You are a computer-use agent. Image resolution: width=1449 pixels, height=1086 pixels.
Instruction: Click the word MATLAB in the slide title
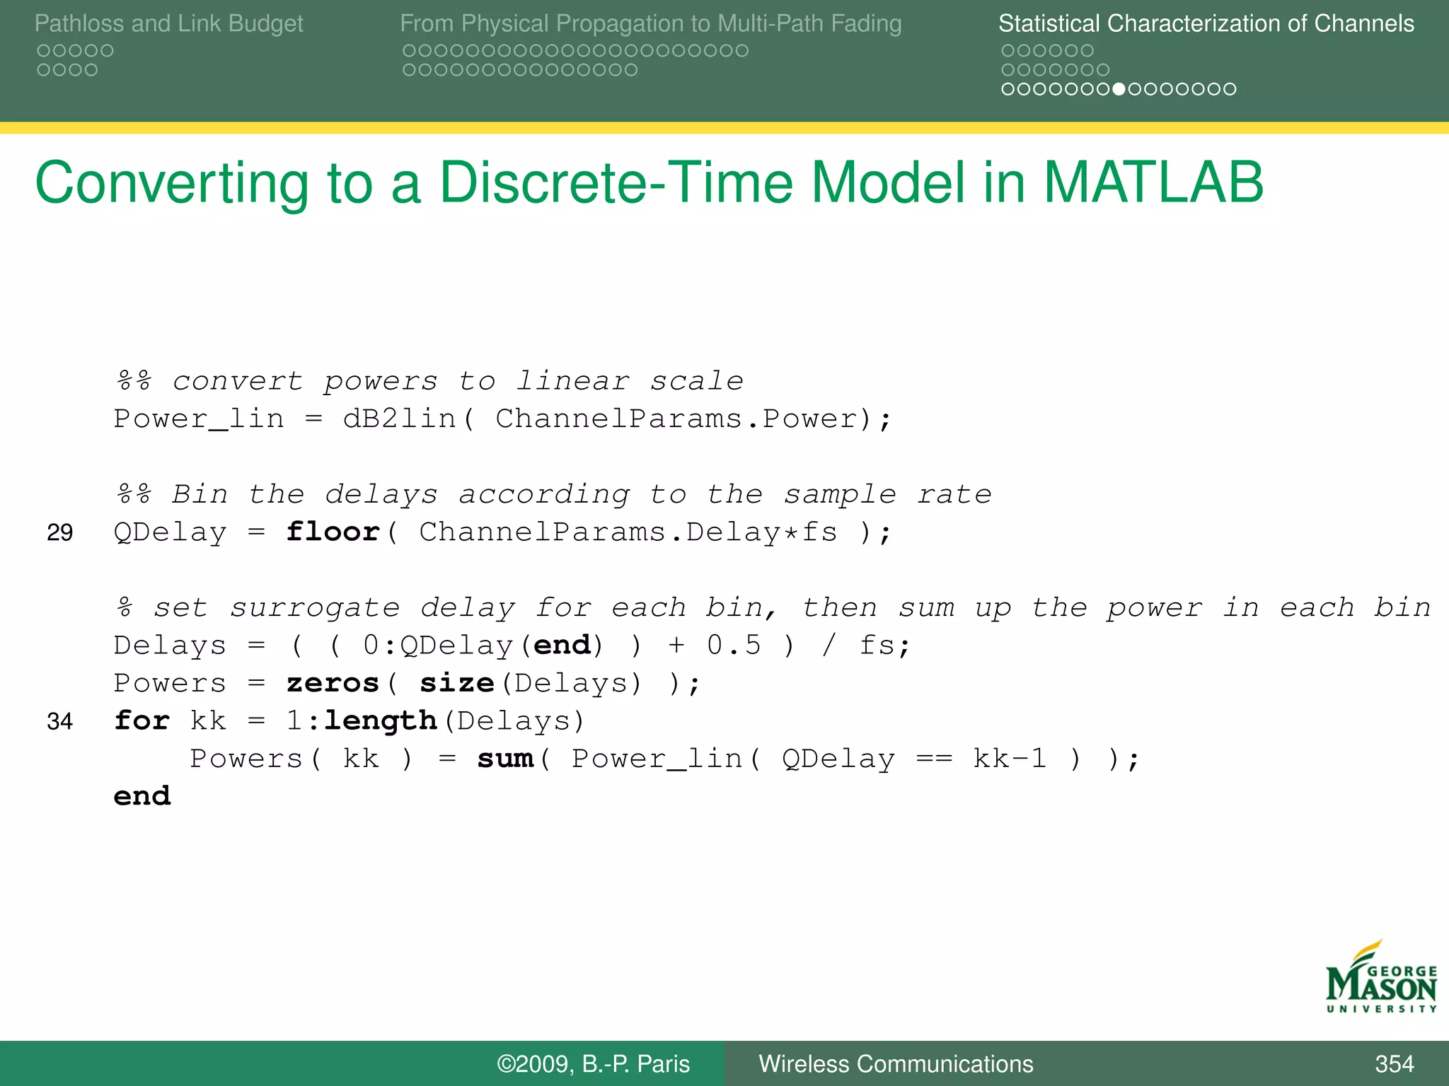[x=1153, y=182]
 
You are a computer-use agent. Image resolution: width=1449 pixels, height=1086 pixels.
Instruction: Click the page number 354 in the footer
[x=1394, y=1063]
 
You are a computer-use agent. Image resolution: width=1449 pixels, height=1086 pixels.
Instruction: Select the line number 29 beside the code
[x=59, y=532]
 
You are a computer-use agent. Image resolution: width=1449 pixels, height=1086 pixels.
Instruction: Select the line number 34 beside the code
[x=59, y=721]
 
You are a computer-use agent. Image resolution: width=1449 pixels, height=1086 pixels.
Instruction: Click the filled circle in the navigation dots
[x=1119, y=89]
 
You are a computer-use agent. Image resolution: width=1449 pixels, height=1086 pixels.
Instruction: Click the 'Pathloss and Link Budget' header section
[x=168, y=23]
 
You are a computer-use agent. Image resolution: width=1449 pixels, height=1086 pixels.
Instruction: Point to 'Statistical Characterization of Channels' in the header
[x=1206, y=23]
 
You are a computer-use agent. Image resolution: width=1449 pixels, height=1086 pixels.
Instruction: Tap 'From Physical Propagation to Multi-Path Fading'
[x=650, y=23]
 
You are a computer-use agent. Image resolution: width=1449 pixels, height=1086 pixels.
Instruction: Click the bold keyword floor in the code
[x=333, y=532]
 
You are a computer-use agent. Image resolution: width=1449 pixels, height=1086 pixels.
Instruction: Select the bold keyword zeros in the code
[x=333, y=683]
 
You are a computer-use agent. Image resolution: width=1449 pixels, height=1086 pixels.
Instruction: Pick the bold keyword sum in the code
[x=505, y=759]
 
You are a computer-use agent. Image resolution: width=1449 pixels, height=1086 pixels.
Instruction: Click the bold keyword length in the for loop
[x=380, y=721]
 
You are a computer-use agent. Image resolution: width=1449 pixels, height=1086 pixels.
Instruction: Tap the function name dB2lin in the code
[x=399, y=419]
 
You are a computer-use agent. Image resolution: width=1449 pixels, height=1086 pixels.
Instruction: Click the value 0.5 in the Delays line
[x=734, y=645]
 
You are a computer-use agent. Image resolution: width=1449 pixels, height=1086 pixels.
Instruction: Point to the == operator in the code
[x=934, y=759]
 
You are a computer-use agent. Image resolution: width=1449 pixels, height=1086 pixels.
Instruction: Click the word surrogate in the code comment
[x=315, y=608]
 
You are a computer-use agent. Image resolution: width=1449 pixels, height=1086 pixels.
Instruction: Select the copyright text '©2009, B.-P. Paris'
[x=593, y=1063]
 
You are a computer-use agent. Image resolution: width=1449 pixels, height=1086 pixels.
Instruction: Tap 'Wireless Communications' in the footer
[x=896, y=1063]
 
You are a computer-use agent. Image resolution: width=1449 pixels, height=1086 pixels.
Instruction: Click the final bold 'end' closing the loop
[x=142, y=796]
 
